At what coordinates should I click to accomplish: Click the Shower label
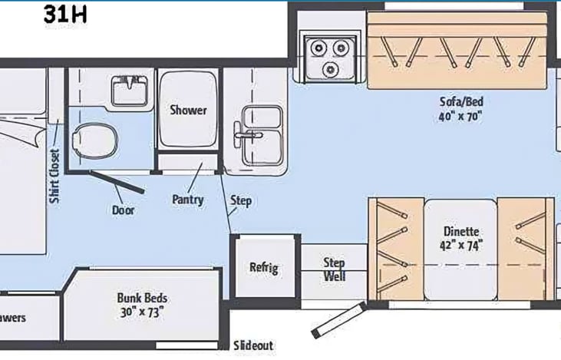[188, 110]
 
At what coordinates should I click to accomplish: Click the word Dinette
[461, 230]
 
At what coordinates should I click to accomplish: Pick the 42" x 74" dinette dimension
[461, 245]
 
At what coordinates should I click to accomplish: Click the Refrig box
[263, 268]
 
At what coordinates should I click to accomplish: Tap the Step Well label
[334, 268]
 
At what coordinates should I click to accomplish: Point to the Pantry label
[188, 200]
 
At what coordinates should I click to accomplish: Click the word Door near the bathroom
[124, 209]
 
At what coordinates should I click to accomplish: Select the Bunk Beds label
[142, 298]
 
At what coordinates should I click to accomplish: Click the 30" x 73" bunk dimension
[142, 312]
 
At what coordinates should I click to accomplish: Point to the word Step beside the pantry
[241, 201]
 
